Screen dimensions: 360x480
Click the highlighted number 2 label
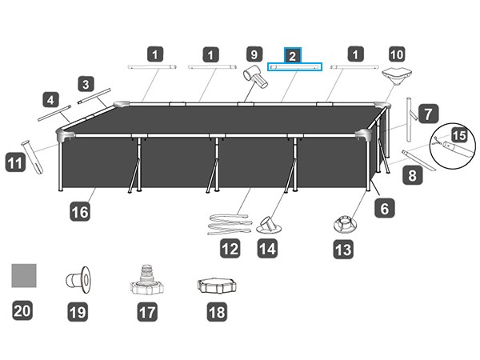(293, 55)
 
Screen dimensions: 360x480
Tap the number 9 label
(254, 55)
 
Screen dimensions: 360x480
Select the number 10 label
(396, 55)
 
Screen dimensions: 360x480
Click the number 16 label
(79, 212)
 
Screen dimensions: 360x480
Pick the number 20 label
(22, 311)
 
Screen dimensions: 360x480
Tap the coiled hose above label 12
(229, 222)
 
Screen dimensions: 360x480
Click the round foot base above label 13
(343, 223)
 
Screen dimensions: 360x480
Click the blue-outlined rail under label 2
(294, 68)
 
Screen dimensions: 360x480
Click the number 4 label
(51, 101)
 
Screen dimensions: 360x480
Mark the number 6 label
(385, 209)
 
